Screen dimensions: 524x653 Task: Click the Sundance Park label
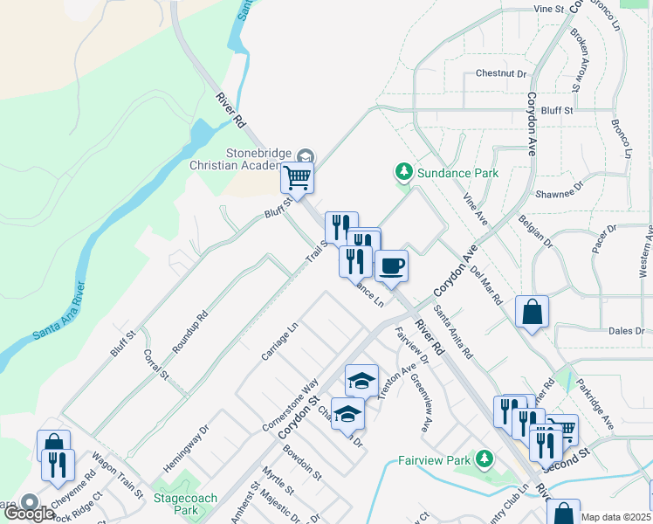pyautogui.click(x=457, y=173)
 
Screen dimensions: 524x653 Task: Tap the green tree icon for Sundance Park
pyautogui.click(x=403, y=170)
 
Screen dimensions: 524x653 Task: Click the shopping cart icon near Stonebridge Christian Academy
pyautogui.click(x=298, y=177)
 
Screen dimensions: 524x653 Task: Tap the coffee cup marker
pyautogui.click(x=391, y=265)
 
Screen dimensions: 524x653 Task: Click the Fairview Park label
pyautogui.click(x=434, y=459)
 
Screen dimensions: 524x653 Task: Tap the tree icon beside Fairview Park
pyautogui.click(x=484, y=458)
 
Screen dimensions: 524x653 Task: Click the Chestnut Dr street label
pyautogui.click(x=502, y=74)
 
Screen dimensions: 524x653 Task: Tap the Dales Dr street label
pyautogui.click(x=626, y=331)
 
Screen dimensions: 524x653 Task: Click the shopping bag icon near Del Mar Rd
pyautogui.click(x=532, y=312)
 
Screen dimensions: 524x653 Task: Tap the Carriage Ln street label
pyautogui.click(x=279, y=341)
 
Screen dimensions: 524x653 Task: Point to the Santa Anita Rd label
pyautogui.click(x=454, y=336)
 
